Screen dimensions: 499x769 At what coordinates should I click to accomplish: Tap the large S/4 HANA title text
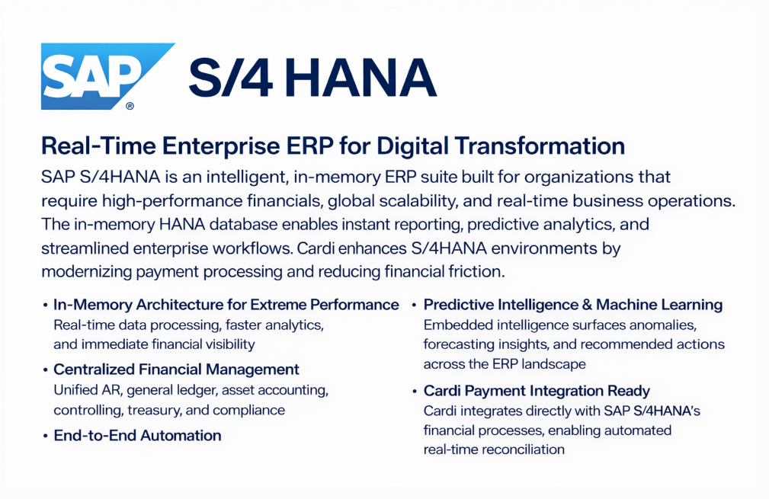[312, 78]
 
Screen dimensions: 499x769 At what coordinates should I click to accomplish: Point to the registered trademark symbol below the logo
[130, 107]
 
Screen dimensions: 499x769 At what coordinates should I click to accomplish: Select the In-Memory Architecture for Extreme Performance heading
[226, 305]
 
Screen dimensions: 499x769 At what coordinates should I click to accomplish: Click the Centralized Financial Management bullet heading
[176, 369]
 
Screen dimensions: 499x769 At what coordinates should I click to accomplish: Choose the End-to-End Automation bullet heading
[137, 436]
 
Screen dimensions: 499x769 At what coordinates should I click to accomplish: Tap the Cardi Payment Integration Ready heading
[537, 391]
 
